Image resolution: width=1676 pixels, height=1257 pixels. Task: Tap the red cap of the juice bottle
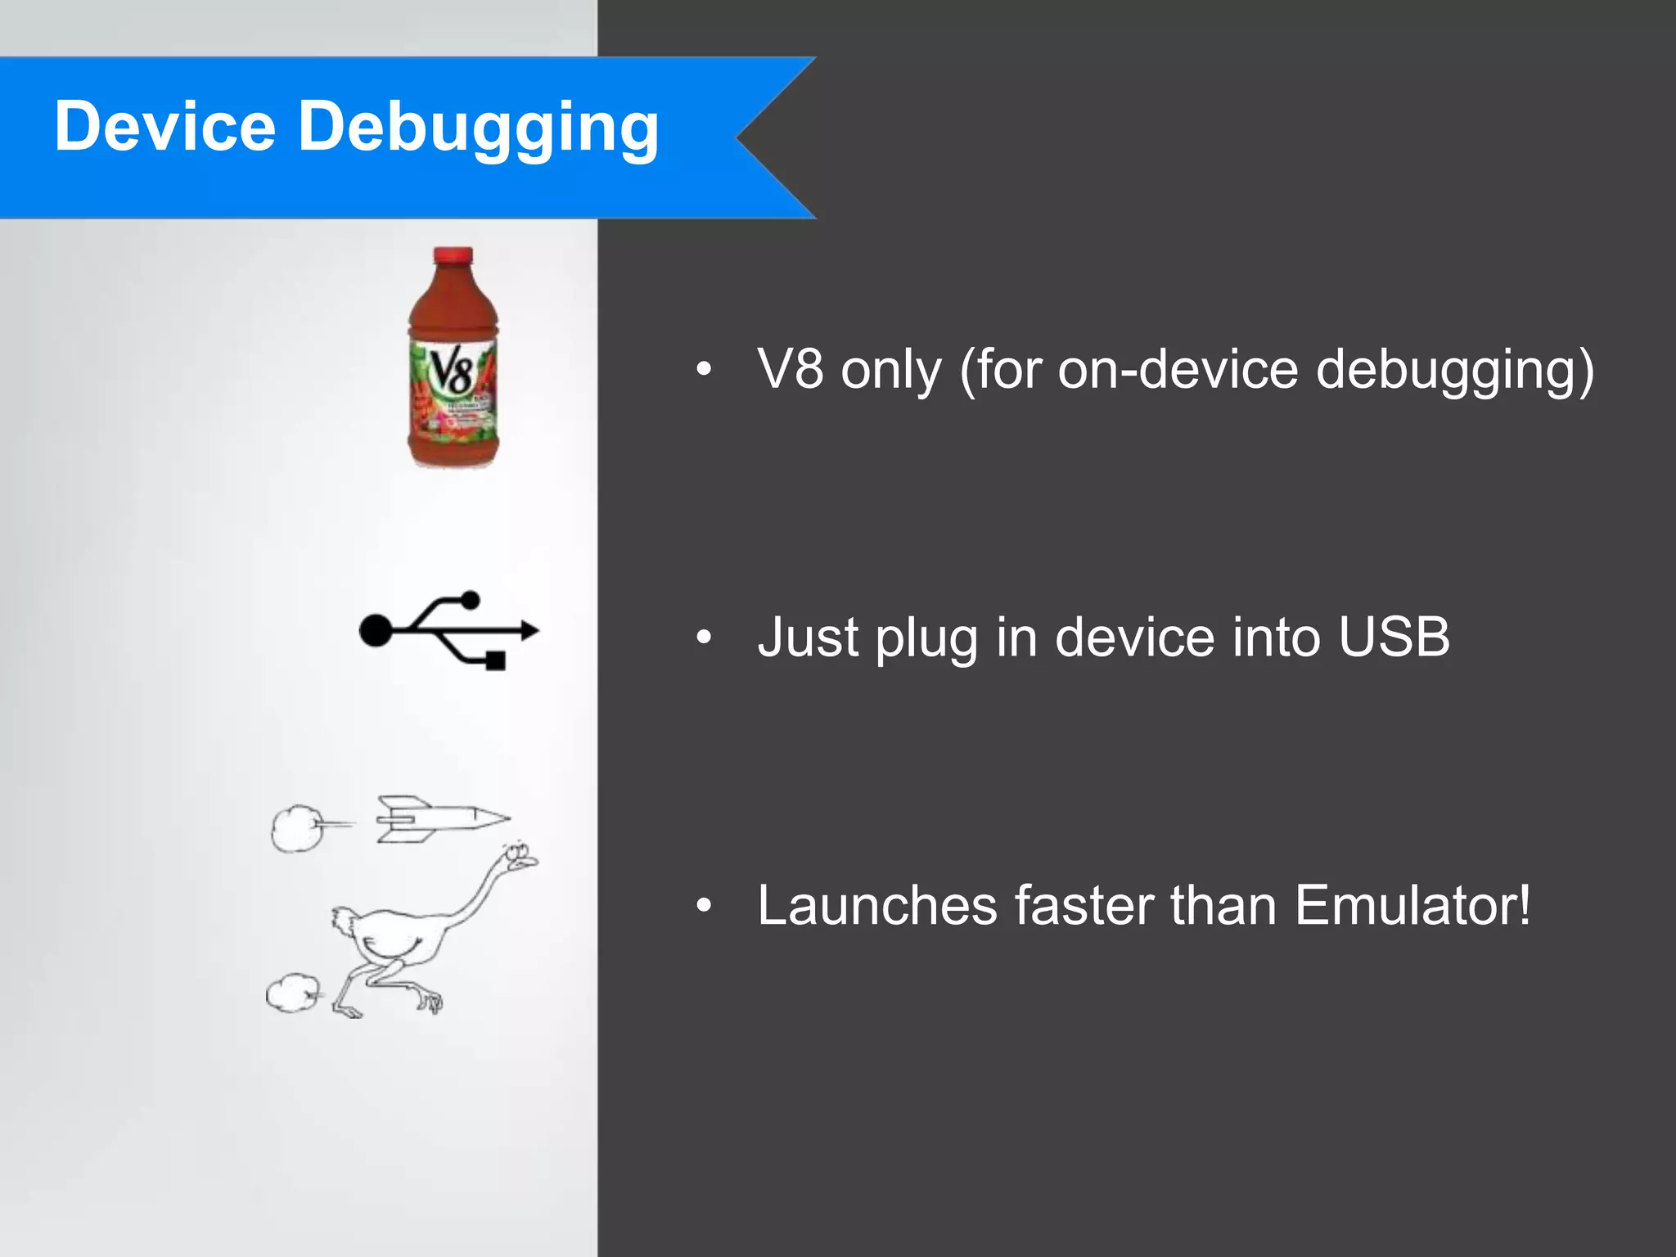click(453, 256)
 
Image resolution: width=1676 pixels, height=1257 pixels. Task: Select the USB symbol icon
click(448, 630)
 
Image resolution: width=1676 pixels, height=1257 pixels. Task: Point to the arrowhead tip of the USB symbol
click(534, 630)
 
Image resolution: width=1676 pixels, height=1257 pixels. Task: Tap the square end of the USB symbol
click(495, 660)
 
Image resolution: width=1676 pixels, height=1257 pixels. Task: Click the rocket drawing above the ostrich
click(442, 818)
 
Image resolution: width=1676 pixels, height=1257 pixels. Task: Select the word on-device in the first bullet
click(1178, 369)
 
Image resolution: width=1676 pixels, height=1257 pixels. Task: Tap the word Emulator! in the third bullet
click(1412, 905)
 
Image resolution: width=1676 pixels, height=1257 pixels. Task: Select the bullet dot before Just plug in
click(704, 637)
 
